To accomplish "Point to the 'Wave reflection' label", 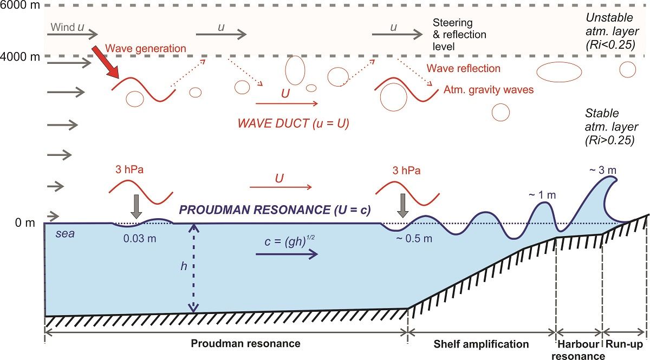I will pos(464,69).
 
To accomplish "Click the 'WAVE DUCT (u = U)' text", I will pos(293,123).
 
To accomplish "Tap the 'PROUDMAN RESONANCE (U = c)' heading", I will pos(275,211).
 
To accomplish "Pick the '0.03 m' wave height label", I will pos(140,239).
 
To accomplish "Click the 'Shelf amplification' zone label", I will pos(482,344).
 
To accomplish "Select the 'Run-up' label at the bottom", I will pos(625,344).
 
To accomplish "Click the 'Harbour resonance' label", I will pos(578,350).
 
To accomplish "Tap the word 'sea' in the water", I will pos(66,235).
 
